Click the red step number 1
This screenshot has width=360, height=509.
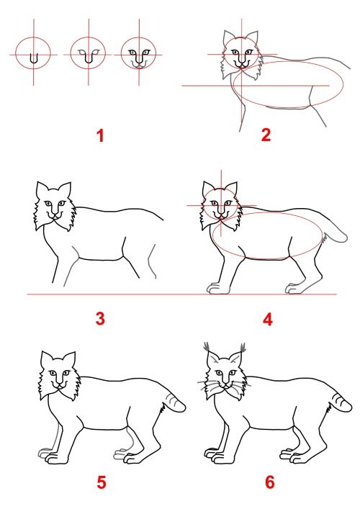click(x=101, y=135)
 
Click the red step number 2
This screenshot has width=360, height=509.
click(x=266, y=135)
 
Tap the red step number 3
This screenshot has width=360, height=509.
click(x=100, y=318)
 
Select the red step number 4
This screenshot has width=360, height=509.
click(x=268, y=318)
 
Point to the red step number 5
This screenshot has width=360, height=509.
click(x=101, y=482)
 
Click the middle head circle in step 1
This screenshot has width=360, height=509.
click(x=89, y=54)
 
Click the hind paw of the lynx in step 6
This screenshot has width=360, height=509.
click(x=296, y=457)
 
